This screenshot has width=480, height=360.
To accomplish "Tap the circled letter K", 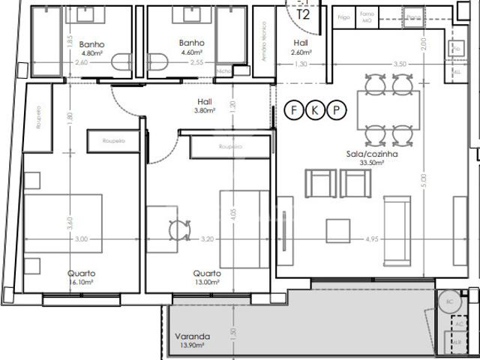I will [316, 111].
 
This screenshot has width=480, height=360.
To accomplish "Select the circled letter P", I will [337, 111].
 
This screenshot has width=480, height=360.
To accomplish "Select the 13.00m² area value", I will [207, 283].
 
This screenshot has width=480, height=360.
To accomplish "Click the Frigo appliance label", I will [344, 16].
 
